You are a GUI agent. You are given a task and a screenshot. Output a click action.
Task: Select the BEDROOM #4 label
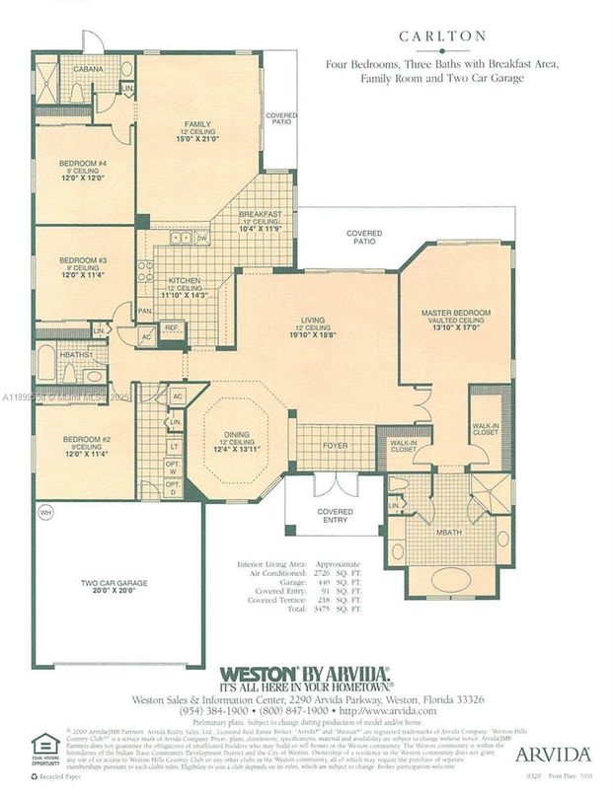pos(84,163)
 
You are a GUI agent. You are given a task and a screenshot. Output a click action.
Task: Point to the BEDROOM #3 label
pos(83,259)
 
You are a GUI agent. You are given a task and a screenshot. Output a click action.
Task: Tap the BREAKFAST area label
pos(261,215)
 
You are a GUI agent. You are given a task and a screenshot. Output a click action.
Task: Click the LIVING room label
pos(315,321)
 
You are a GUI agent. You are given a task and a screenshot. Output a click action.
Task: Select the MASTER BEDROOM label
pos(455,313)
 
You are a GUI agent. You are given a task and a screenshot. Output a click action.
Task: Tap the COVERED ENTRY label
pos(335,516)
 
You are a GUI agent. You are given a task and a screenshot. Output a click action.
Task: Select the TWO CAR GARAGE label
pos(114,583)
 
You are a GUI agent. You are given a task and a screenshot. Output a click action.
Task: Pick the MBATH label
pos(450,536)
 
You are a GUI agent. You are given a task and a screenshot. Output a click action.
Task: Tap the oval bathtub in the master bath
pos(449,580)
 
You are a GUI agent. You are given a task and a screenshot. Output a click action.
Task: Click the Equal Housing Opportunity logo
pos(45,747)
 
